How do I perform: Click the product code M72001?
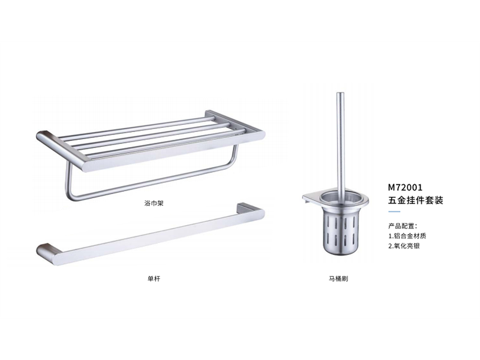pos(405,187)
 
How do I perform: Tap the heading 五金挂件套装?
pos(415,200)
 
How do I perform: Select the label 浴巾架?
pos(154,203)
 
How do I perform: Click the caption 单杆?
pos(154,278)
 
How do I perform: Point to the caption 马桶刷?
pos(338,278)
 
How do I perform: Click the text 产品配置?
pos(403,226)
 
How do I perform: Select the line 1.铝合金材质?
pos(407,236)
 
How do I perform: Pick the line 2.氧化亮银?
pos(404,246)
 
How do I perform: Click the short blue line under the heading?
pos(394,212)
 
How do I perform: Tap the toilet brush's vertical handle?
pos(340,141)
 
